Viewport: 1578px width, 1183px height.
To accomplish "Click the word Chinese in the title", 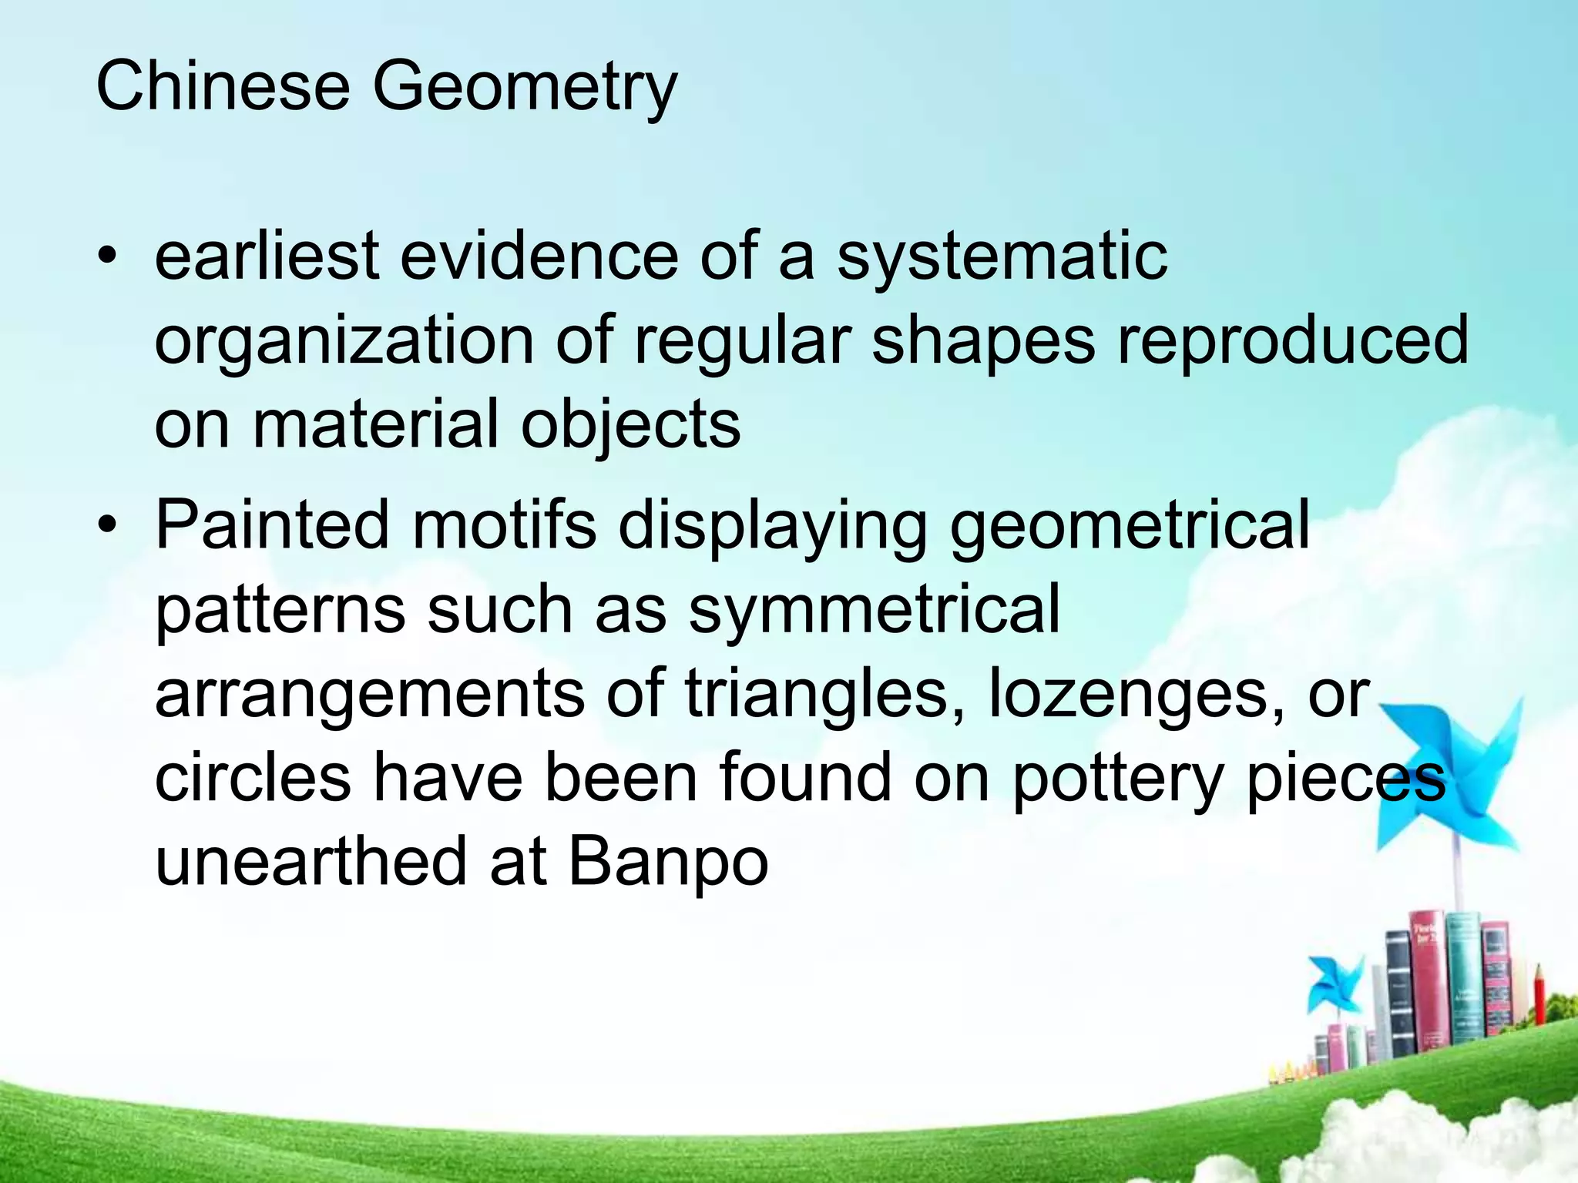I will tap(223, 86).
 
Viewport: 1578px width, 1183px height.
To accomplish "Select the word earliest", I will tap(267, 256).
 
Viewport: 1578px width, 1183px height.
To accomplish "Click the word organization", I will tap(344, 342).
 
